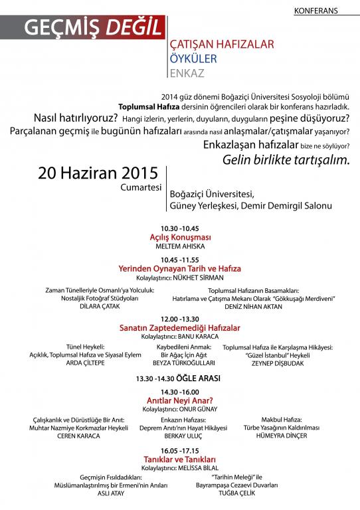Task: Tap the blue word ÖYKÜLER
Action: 194,58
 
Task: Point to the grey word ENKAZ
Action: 187,71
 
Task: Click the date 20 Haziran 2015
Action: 98,174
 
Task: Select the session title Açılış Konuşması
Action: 179,237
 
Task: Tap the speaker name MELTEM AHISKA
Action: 179,246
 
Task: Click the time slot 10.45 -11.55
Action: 179,260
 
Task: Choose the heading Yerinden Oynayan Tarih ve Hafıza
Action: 179,268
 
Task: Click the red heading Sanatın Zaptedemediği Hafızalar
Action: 179,328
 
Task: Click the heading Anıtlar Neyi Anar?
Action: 179,400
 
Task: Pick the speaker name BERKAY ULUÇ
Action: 179,436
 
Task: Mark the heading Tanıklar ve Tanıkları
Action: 179,458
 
